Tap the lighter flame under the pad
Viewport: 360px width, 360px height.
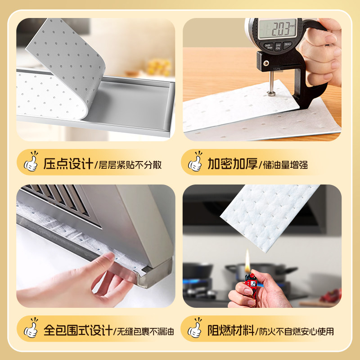(247, 258)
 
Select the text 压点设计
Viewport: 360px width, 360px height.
(68, 163)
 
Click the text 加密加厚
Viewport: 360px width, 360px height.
(232, 163)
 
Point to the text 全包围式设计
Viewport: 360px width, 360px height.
(78, 332)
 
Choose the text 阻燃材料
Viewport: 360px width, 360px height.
(232, 332)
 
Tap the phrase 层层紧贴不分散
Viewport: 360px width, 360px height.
(129, 164)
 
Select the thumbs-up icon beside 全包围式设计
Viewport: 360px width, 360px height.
(31, 329)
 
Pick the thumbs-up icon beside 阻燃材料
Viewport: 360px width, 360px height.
(195, 329)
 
